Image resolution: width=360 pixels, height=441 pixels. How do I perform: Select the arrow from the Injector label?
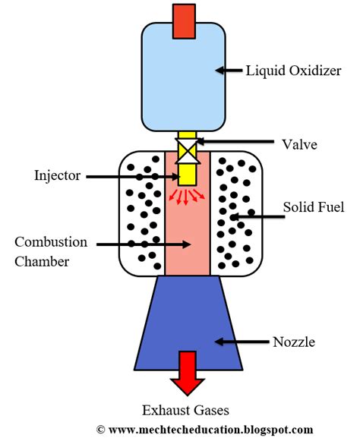(x=129, y=176)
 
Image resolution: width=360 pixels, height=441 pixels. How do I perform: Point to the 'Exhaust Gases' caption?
(x=187, y=410)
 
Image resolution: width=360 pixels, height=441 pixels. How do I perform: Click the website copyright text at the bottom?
(x=205, y=430)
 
